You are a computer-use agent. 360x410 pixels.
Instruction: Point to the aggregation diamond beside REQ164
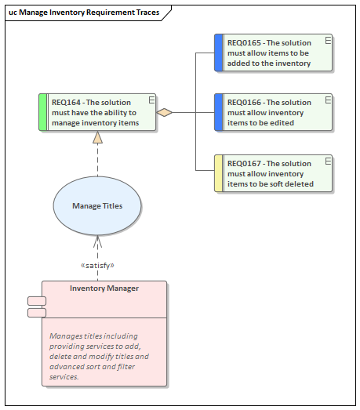164,112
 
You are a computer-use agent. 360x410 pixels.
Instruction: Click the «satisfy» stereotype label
97,266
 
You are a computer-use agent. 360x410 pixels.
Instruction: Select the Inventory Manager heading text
104,288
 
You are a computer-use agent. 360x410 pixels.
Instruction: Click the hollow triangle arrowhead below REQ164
97,138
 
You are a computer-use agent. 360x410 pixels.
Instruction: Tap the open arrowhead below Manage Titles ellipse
97,240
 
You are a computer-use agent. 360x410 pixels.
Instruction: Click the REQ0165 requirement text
269,53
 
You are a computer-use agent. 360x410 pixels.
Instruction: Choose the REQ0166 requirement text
269,112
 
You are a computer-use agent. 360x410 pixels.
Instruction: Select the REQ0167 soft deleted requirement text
270,173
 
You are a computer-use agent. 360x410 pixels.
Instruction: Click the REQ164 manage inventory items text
95,112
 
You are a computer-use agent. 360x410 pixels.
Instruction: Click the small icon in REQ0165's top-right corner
327,39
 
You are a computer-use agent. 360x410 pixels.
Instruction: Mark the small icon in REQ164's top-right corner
151,100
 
